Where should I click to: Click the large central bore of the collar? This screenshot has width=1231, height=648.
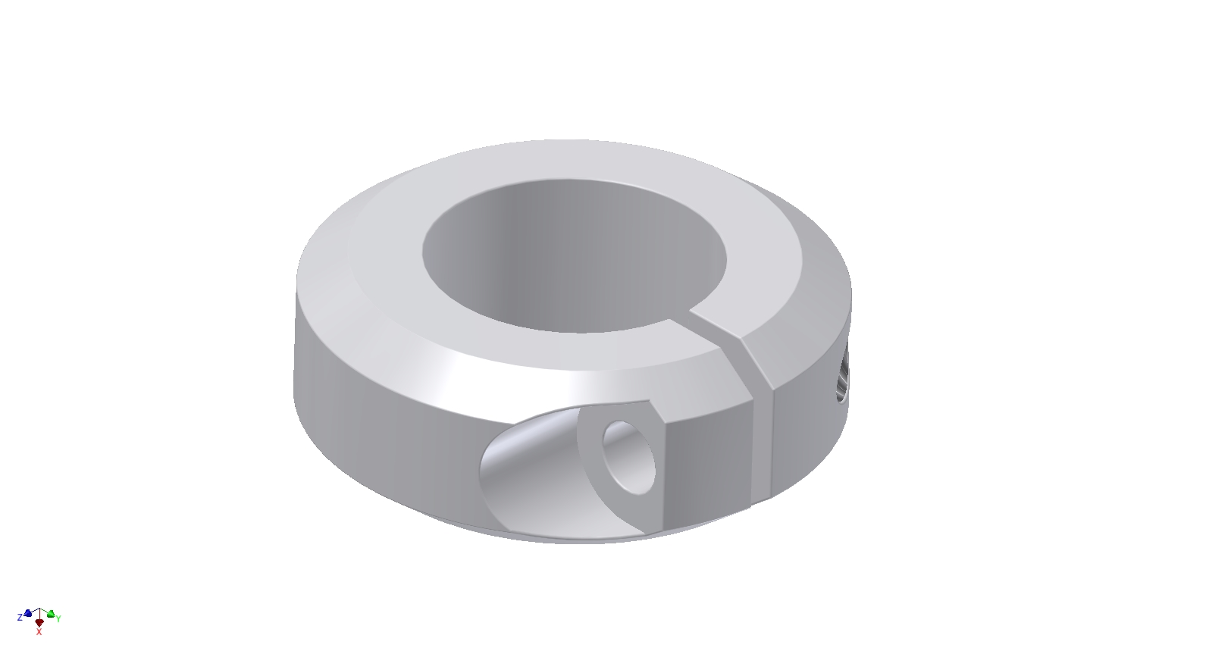pos(575,255)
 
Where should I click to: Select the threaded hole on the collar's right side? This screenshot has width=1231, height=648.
pos(843,378)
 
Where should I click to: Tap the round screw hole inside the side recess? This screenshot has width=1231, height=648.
pos(629,457)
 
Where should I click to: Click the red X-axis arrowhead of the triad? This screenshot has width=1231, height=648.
pos(39,622)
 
